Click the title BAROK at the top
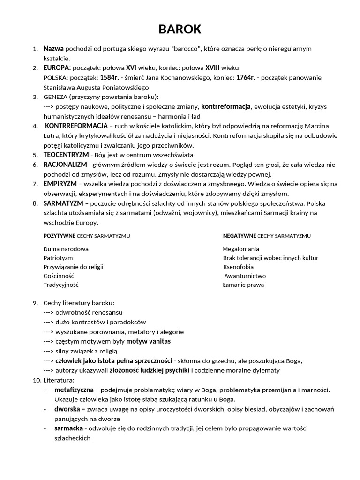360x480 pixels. (x=180, y=30)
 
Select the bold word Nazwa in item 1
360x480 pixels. (x=53, y=49)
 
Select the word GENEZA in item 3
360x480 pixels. (x=55, y=97)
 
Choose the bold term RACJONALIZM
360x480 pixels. (x=65, y=165)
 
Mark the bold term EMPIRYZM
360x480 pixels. (x=60, y=184)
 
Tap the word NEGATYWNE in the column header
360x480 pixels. (x=239, y=236)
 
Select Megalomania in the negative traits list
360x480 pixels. (x=240, y=249)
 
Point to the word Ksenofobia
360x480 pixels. (x=239, y=267)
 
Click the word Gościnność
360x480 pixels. (x=59, y=276)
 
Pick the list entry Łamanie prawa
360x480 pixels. (x=243, y=285)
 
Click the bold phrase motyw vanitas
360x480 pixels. (x=148, y=341)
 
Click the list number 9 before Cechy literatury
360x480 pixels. (x=35, y=303)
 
